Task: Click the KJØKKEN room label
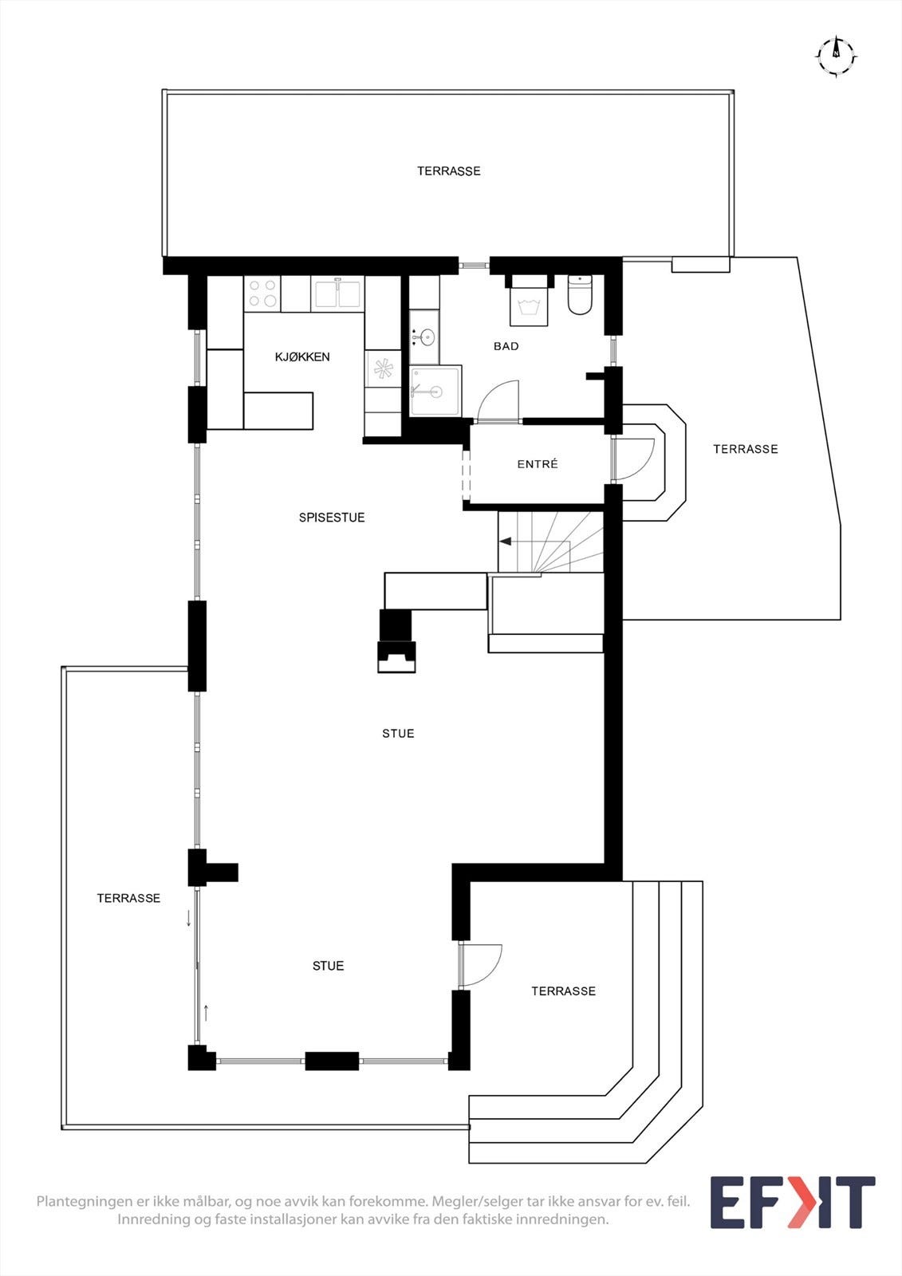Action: pos(302,357)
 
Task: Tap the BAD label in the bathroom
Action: pos(506,346)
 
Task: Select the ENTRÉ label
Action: pos(538,463)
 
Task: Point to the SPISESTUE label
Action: pos(332,518)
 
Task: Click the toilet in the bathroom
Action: pos(580,295)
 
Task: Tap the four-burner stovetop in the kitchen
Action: pos(262,293)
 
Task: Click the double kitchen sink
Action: pos(337,293)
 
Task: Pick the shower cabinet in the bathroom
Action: pos(435,391)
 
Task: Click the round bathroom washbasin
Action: pos(426,337)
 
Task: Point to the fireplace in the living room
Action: pos(396,641)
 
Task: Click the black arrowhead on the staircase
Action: pos(506,542)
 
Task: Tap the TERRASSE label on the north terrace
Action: pos(448,171)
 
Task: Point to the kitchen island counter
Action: pos(278,410)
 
